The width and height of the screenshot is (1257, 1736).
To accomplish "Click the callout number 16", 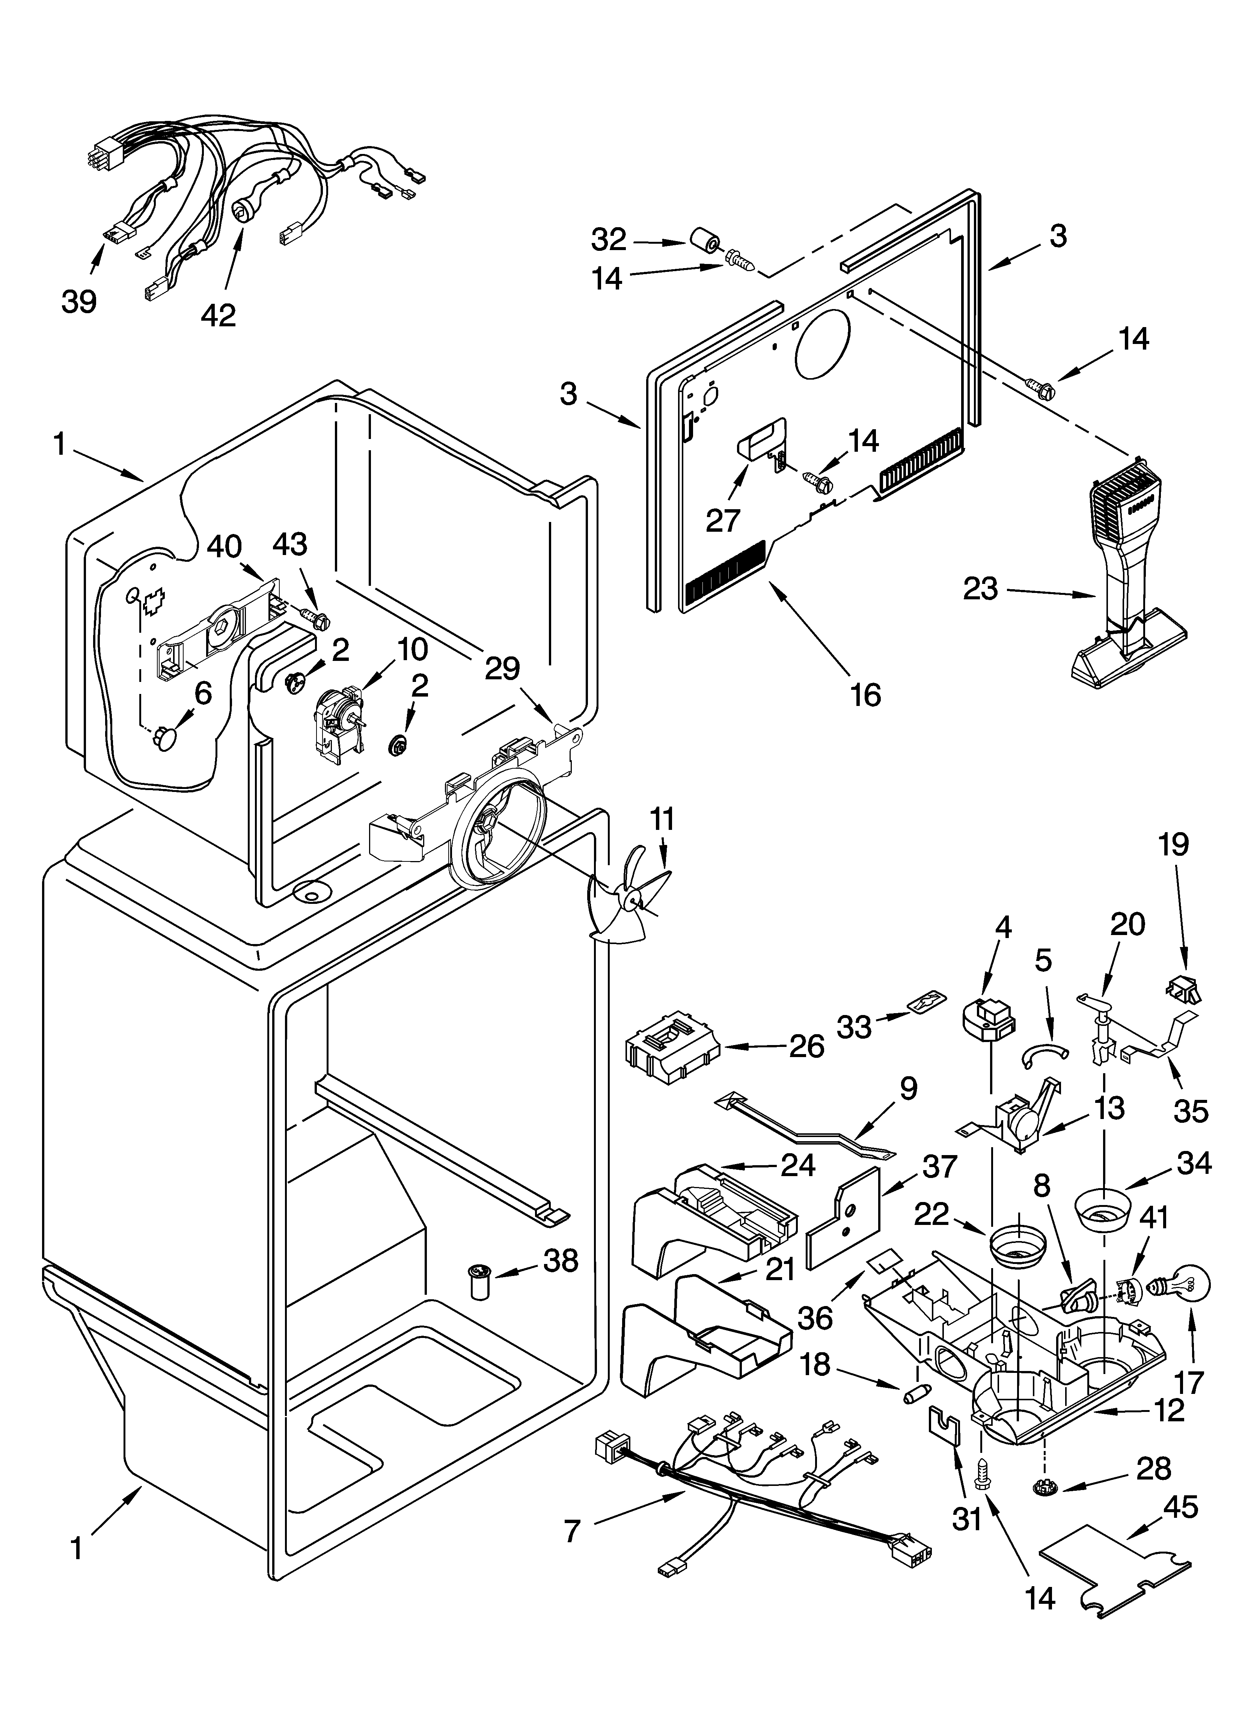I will (865, 695).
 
